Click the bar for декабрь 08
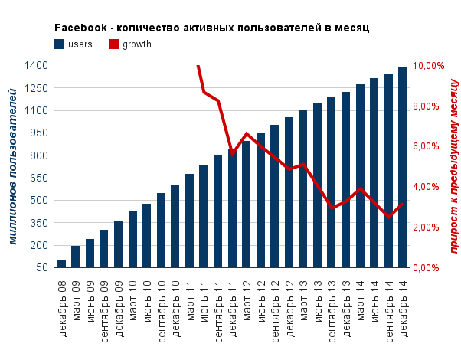point(61,264)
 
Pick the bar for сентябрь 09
point(104,249)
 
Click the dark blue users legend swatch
point(60,44)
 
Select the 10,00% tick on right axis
point(428,66)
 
